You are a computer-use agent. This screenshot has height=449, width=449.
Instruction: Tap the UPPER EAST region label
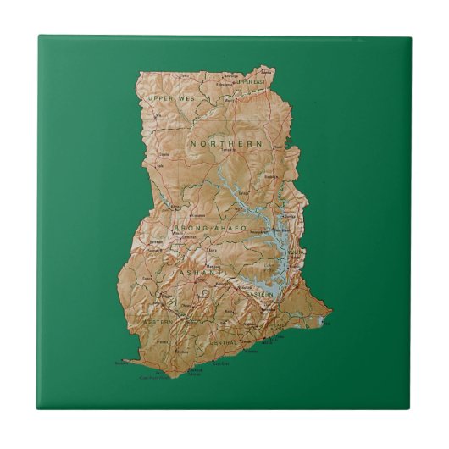[x=251, y=81]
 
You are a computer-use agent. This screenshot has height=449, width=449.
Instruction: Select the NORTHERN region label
[x=226, y=145]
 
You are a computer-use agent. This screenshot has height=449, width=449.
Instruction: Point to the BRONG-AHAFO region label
[x=209, y=229]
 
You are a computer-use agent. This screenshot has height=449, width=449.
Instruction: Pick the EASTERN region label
[x=261, y=293]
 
